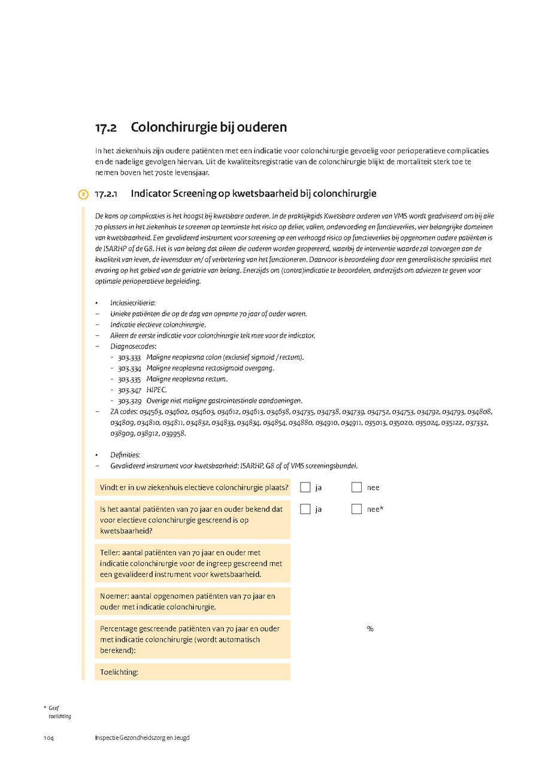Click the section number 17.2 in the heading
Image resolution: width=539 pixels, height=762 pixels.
(x=105, y=127)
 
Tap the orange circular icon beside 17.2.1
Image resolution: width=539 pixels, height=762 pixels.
(x=83, y=195)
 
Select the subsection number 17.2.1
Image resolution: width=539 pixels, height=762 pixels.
(x=108, y=194)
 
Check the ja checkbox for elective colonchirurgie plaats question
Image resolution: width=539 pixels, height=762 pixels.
(x=305, y=487)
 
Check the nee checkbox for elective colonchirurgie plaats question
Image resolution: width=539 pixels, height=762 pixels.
(x=356, y=487)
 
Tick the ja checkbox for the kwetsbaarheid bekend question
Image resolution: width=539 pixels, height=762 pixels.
(x=305, y=509)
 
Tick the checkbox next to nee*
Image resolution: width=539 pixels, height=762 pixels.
(x=356, y=509)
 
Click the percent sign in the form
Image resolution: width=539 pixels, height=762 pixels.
(x=370, y=629)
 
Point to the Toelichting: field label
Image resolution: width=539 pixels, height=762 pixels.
(x=119, y=672)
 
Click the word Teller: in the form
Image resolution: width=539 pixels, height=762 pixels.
(x=112, y=552)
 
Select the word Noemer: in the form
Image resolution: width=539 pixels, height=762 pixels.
(x=114, y=596)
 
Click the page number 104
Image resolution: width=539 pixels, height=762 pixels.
(x=49, y=737)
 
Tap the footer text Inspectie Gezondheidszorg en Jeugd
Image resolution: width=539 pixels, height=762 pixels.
(x=142, y=737)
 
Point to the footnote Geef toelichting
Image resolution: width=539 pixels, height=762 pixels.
(x=59, y=712)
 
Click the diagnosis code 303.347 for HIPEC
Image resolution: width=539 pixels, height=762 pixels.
(x=129, y=390)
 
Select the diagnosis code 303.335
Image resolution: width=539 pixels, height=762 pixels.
(x=129, y=379)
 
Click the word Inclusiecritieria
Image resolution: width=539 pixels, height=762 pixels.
(x=132, y=303)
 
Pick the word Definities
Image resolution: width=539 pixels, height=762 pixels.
(x=125, y=455)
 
